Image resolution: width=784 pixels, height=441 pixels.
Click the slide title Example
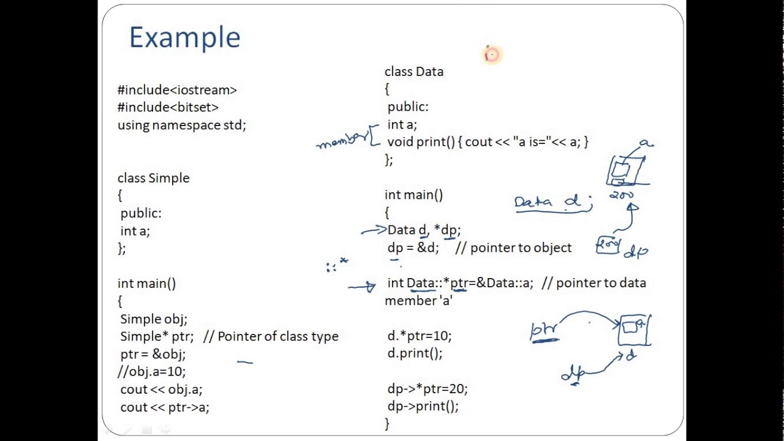(x=184, y=38)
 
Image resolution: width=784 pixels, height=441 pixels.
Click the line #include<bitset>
(x=168, y=107)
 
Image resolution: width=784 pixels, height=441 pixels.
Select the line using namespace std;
(x=181, y=125)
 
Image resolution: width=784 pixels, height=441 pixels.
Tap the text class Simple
(x=153, y=178)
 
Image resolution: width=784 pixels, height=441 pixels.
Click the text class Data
(x=413, y=72)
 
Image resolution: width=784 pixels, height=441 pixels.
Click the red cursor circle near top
(x=492, y=55)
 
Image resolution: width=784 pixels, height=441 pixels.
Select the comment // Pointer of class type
(x=271, y=336)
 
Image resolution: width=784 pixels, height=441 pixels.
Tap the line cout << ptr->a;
(x=164, y=407)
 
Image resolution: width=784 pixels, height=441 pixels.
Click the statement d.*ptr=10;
(x=419, y=336)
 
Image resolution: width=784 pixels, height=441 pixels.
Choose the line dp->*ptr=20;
(x=427, y=389)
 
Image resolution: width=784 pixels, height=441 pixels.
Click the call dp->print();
(x=423, y=406)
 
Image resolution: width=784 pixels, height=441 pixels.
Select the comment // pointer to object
(x=513, y=247)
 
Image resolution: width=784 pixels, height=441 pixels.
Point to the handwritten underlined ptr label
(x=544, y=331)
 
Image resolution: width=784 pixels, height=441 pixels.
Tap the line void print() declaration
(x=487, y=142)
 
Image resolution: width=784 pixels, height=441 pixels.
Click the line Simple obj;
(x=153, y=319)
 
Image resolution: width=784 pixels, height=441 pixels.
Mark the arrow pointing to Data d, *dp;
(x=373, y=230)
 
